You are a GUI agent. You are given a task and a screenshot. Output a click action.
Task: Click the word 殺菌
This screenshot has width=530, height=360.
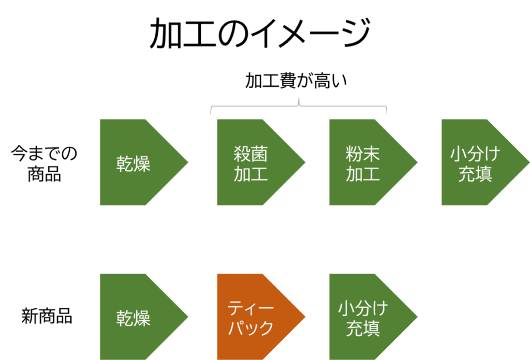pos(251,154)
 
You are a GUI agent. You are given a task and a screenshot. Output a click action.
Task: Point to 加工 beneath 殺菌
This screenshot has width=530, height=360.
pos(251,174)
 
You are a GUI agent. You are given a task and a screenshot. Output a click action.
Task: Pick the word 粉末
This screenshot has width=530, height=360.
pos(363,154)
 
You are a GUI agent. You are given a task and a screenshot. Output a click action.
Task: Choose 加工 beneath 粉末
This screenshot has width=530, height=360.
pos(363,174)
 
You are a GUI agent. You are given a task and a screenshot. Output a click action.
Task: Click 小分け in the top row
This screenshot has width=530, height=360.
pos(475,154)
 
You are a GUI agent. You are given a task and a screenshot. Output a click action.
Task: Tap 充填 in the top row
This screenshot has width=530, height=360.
pos(475,174)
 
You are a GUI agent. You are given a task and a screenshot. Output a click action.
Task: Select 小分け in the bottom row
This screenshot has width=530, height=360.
pos(363,308)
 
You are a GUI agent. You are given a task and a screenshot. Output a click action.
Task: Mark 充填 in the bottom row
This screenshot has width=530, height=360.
pos(363,328)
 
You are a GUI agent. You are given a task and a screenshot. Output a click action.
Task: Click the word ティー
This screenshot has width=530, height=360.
pos(251,308)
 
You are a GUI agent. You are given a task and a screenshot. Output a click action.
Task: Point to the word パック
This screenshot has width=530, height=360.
pos(251,328)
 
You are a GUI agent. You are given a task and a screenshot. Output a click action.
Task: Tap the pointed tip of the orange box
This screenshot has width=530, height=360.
pos(304,317)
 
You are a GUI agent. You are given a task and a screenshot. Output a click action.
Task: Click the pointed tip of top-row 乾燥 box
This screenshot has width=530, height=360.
pos(187,162)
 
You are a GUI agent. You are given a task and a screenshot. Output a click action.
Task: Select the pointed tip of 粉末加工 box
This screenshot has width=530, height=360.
pos(417,162)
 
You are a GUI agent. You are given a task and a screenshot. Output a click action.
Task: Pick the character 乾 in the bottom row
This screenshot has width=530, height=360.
pos(125,318)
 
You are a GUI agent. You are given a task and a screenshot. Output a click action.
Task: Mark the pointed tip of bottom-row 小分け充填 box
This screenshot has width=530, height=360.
pos(417,317)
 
